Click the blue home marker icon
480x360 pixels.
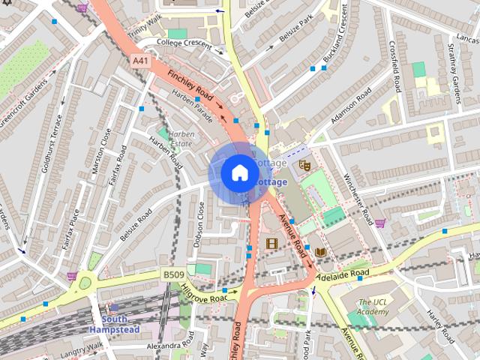click(x=239, y=172)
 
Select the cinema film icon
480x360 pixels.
click(x=271, y=243)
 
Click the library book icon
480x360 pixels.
click(x=321, y=252)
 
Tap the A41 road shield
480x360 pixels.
click(x=139, y=60)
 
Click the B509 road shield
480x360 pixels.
click(x=173, y=275)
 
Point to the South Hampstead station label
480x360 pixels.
click(x=114, y=324)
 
